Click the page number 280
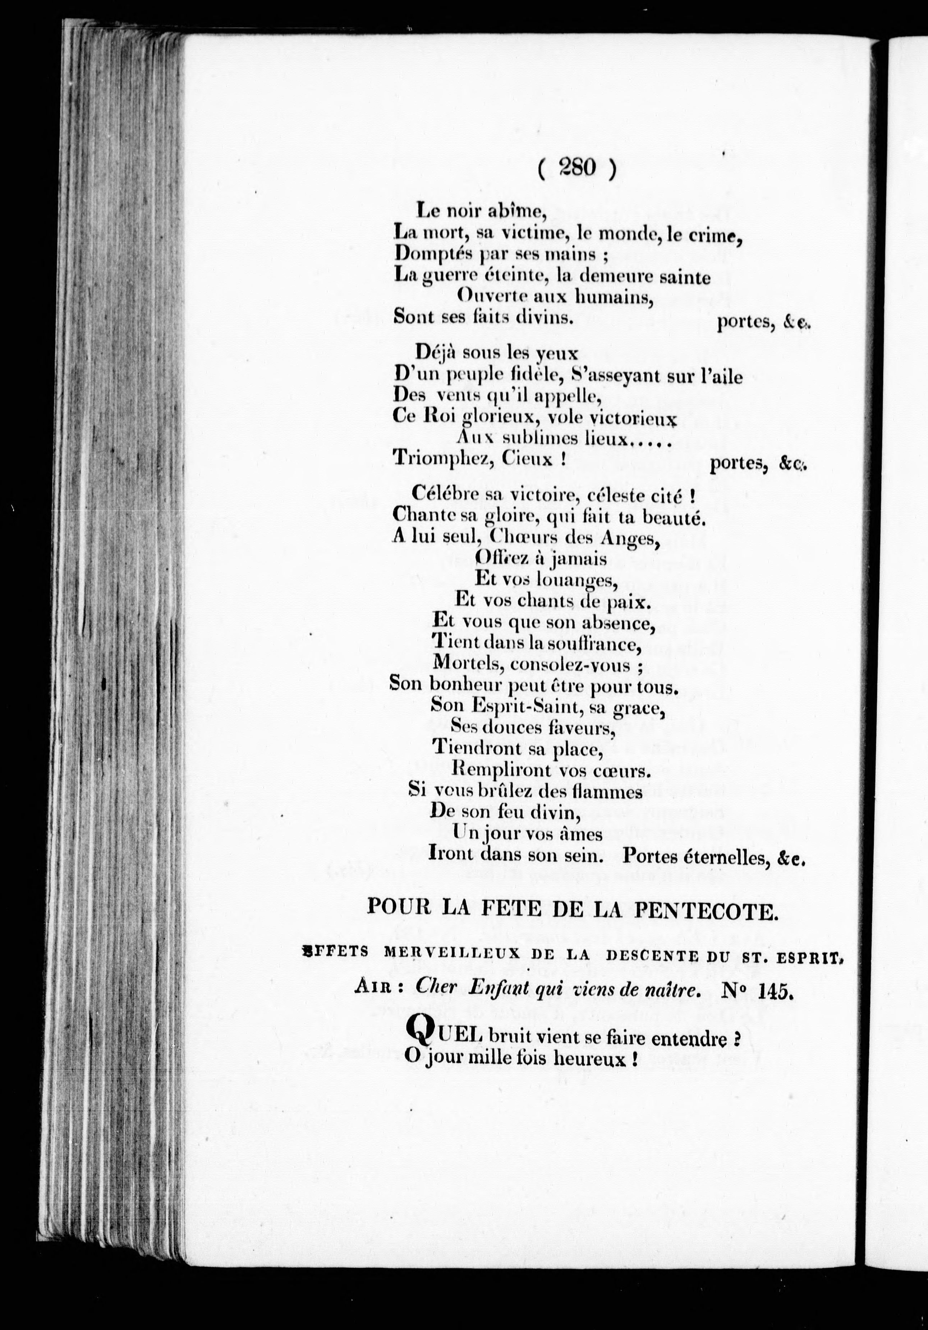pyautogui.click(x=577, y=169)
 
